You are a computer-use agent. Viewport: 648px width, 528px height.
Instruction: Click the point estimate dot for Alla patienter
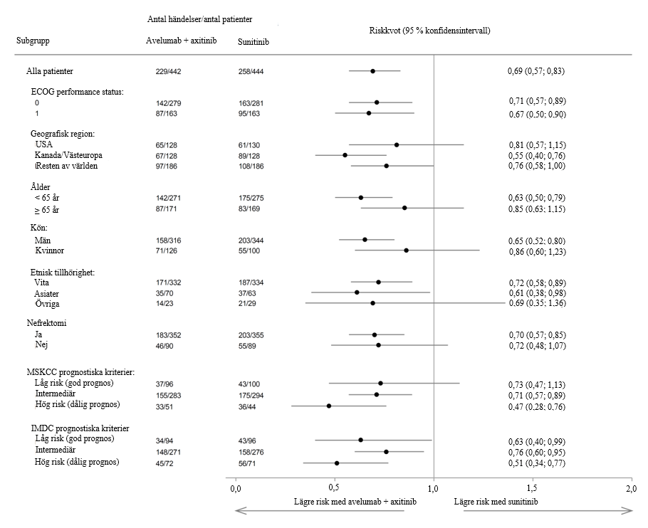pos(372,71)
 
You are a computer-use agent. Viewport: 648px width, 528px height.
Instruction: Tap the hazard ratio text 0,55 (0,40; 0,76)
pos(536,155)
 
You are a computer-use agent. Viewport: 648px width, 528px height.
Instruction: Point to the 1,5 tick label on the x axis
pos(532,490)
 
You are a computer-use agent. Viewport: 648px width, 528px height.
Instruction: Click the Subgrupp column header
pos(33,41)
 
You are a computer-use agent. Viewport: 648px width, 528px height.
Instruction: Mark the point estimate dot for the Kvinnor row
pos(406,250)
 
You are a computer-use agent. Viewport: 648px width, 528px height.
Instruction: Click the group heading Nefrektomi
pos(49,322)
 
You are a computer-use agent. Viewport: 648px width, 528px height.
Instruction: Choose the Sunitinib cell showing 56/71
pos(249,463)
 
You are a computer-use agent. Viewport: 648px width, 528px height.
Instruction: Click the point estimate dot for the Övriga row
pos(372,303)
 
